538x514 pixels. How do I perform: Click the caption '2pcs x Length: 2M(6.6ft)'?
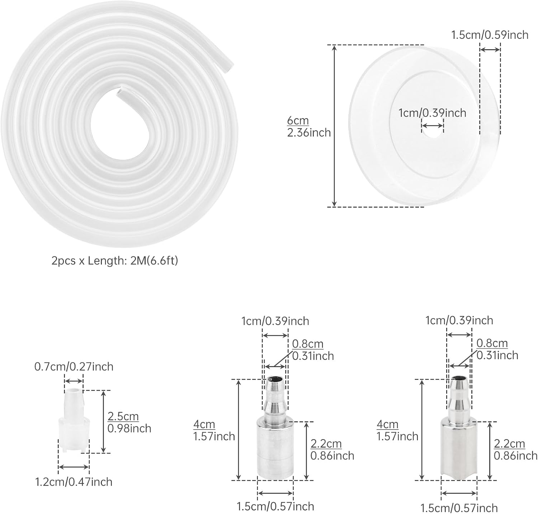click(115, 261)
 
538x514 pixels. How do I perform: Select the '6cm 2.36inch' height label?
click(309, 127)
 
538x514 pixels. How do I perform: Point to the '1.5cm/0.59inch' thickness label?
click(490, 35)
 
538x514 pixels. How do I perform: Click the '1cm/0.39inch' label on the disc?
click(432, 113)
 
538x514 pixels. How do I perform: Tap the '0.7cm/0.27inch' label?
click(74, 367)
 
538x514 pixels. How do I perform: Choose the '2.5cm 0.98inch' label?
click(129, 422)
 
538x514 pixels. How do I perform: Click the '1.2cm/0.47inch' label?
click(74, 482)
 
